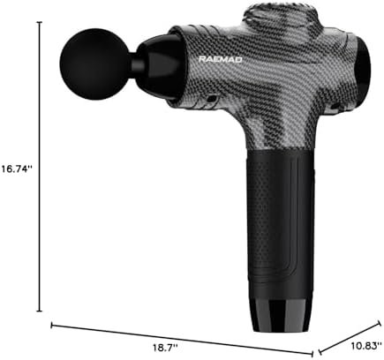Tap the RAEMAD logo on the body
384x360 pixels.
tap(221, 59)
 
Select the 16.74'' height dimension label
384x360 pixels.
tap(16, 169)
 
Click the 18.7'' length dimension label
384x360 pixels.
tap(165, 348)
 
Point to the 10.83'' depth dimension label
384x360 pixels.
tap(365, 346)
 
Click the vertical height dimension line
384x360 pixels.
tap(40, 167)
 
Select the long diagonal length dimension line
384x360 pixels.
tap(182, 340)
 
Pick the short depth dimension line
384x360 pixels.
tap(350, 337)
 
